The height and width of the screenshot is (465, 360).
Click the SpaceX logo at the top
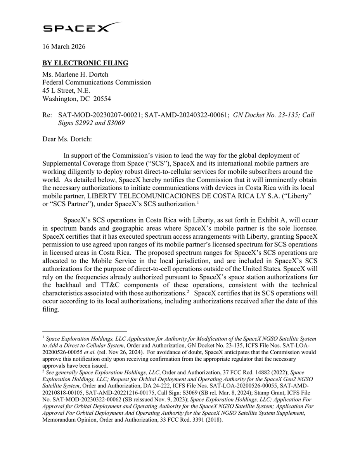[x=82, y=28]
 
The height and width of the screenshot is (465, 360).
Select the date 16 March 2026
[x=64, y=47]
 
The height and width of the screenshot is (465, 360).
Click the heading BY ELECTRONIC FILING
[x=85, y=63]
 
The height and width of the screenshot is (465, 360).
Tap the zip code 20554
[x=102, y=99]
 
